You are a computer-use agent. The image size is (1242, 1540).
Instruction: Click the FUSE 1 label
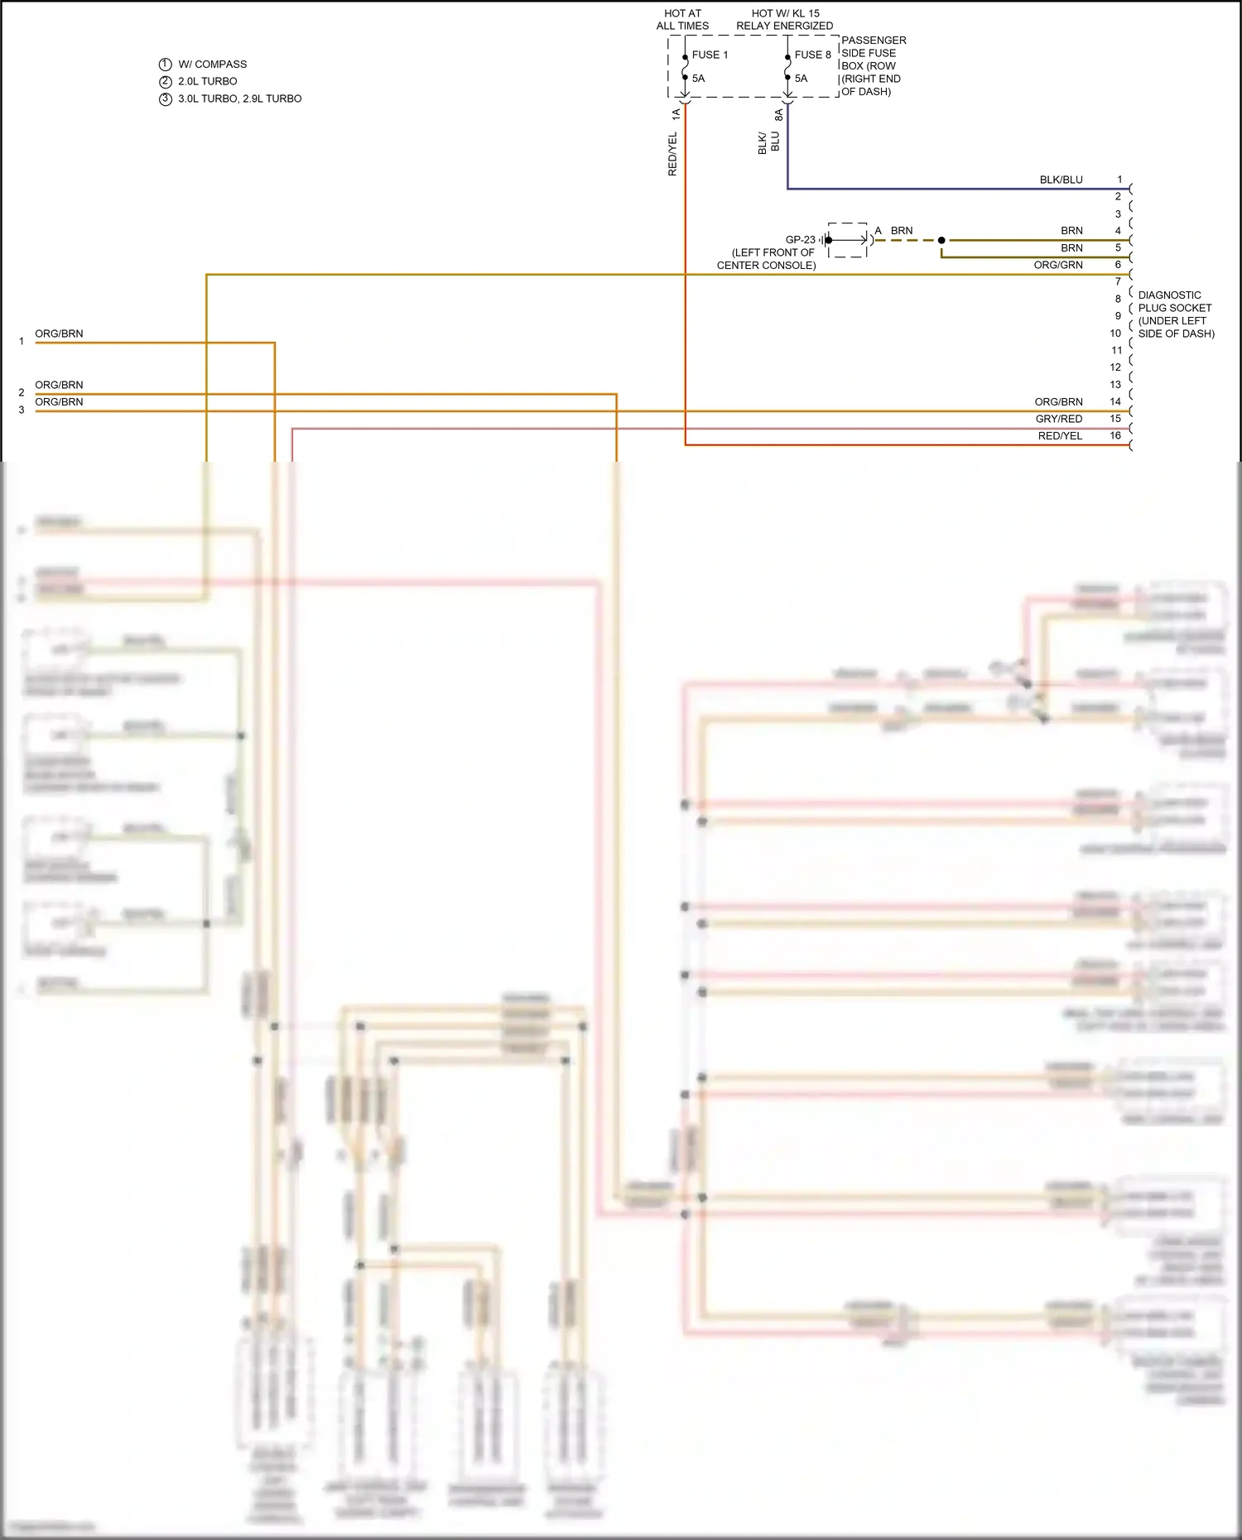710,55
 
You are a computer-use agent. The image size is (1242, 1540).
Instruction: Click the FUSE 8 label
812,55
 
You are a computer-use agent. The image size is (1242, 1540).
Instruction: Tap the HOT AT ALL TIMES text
682,20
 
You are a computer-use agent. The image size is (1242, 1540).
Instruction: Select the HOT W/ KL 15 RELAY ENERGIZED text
784,20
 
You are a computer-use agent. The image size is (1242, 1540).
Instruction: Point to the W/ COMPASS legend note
212,64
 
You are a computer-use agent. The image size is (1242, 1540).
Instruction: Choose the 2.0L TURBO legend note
207,81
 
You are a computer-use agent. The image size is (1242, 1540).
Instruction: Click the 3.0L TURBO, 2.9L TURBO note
239,98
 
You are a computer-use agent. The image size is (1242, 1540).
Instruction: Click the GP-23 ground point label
800,240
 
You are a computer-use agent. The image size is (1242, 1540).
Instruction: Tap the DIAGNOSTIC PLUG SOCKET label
1175,314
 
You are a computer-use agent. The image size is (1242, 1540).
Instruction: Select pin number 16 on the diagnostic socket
1115,435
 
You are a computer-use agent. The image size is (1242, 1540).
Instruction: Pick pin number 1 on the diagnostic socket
1119,180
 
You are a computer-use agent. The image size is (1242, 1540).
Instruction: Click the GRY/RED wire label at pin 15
1058,419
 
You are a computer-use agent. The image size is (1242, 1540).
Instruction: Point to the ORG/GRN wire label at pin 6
1057,265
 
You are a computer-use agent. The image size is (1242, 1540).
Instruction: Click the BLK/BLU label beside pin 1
1061,180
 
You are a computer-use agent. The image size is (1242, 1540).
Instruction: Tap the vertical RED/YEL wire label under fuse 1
672,154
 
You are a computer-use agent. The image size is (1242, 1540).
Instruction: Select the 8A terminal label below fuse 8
778,115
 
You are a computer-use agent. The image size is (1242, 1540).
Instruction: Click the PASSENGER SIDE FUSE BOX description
873,65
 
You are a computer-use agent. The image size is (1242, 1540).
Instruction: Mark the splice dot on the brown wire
941,240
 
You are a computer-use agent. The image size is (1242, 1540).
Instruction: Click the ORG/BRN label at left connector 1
59,333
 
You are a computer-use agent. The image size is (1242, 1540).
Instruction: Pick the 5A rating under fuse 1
698,79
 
